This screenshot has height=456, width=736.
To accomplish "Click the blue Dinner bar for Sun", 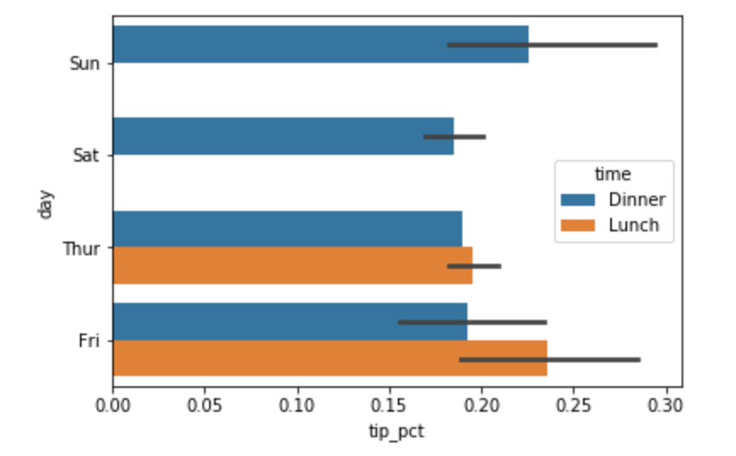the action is [320, 44].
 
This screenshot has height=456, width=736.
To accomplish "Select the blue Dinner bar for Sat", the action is [284, 136].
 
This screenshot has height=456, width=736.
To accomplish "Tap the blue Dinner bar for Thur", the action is [287, 229].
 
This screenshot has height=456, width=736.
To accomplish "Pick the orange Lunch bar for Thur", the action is [293, 265].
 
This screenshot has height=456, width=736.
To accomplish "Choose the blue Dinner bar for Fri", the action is [290, 322].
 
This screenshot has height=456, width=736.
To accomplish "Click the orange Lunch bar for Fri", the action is [330, 358].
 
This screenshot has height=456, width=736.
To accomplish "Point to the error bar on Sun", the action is [552, 45].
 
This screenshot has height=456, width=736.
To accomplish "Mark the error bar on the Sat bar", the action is [455, 137].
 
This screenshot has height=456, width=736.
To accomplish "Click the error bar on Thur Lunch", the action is [474, 266].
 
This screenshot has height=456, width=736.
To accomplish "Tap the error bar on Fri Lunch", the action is [550, 360].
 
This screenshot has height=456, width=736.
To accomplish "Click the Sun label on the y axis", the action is [84, 63].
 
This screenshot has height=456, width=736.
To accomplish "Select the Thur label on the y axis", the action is [82, 248].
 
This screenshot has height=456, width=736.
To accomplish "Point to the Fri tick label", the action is [89, 340].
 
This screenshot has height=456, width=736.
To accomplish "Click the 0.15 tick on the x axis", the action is [389, 405].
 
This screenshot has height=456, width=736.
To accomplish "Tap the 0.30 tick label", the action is [665, 405].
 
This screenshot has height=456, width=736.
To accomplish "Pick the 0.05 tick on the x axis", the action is [205, 405].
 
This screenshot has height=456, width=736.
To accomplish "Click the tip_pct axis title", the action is [397, 431].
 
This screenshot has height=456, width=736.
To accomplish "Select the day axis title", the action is [46, 204].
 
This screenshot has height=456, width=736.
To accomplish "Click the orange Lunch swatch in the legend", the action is [578, 225].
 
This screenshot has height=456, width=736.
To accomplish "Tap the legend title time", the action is [613, 174].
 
